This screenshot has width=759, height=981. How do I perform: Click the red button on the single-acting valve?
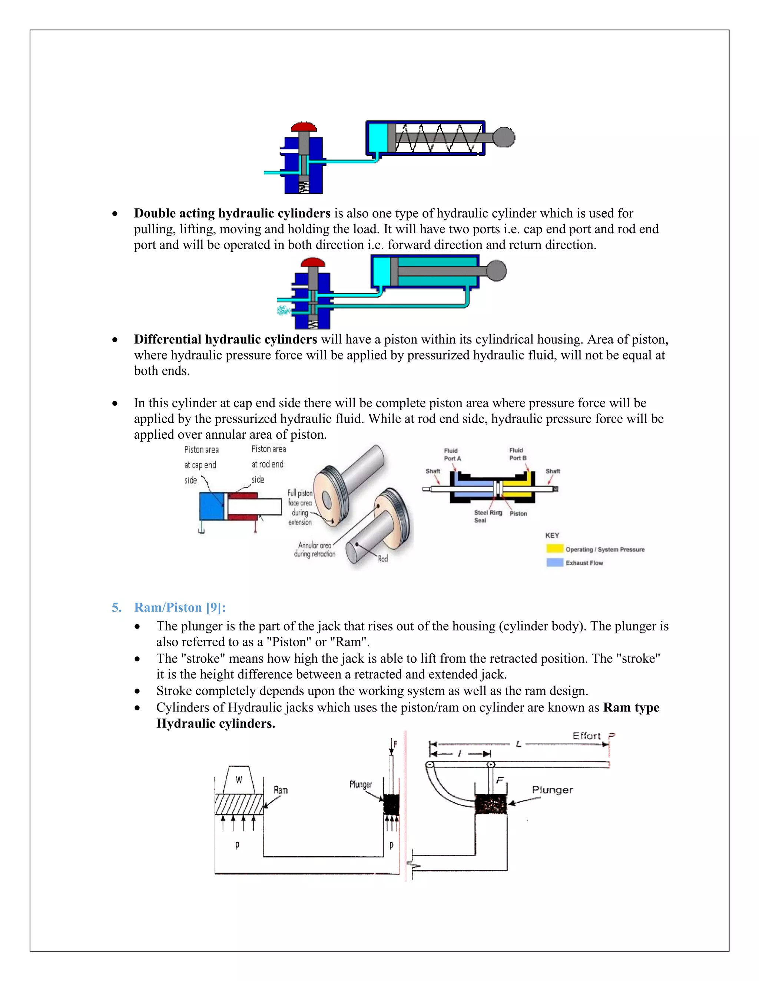tap(304, 126)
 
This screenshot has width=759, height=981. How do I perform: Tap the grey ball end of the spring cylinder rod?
tap(504, 137)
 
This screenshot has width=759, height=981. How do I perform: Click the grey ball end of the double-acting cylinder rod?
tap(496, 271)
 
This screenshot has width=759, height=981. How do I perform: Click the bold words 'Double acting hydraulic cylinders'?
tap(232, 213)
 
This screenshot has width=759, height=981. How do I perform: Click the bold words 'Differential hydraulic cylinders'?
tap(225, 339)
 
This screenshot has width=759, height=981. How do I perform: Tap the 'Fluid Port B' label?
tap(517, 454)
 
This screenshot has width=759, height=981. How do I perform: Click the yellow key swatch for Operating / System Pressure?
tap(554, 549)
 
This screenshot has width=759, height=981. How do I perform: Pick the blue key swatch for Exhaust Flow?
tap(554, 562)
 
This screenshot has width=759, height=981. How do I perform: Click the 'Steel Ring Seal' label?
tap(487, 516)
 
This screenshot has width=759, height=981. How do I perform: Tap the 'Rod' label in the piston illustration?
tap(382, 559)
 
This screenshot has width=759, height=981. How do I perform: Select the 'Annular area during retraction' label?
tap(315, 549)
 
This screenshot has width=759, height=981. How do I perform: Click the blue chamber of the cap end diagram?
tap(211, 506)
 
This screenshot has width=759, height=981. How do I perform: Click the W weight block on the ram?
tap(239, 780)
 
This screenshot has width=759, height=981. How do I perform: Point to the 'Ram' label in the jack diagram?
tap(281, 790)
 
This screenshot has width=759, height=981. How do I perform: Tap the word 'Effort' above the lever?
tap(586, 736)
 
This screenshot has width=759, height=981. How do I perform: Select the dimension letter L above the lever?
tap(518, 744)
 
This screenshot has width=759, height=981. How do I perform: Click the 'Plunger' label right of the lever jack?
tap(552, 790)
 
